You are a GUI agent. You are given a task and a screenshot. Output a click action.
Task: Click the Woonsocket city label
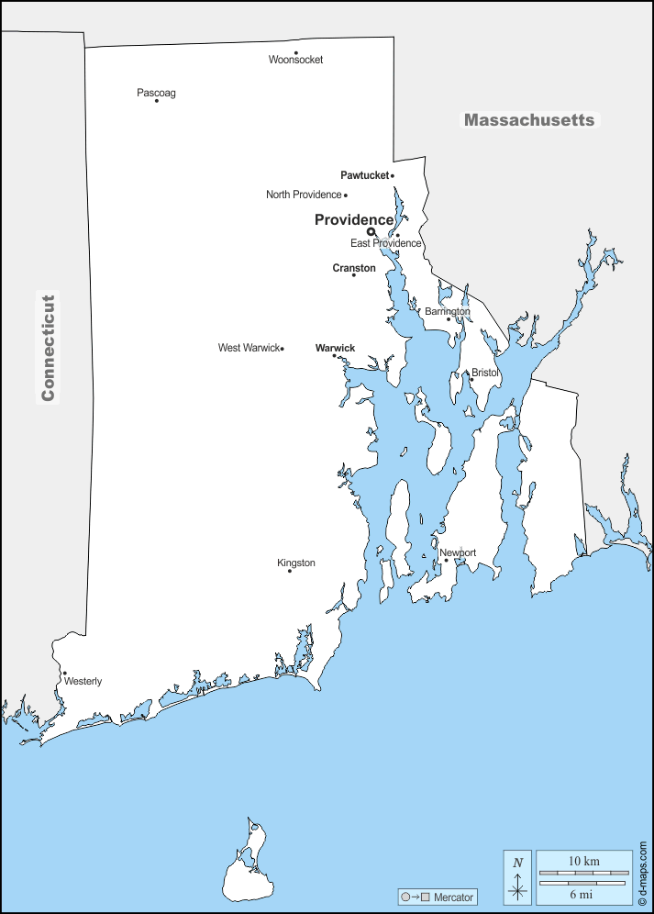(x=295, y=60)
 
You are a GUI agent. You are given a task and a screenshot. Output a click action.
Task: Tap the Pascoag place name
(x=156, y=93)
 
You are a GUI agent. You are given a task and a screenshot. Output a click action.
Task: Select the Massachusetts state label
(x=528, y=120)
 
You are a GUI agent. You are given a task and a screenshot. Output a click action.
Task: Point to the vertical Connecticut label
(x=48, y=347)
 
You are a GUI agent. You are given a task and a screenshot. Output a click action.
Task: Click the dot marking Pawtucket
(x=393, y=175)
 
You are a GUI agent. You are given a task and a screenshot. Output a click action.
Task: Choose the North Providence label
(x=304, y=195)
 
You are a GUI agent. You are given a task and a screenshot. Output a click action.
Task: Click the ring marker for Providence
(x=371, y=231)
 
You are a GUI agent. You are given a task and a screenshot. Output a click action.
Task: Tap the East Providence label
(x=385, y=243)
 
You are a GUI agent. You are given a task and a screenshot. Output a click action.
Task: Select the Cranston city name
(x=354, y=268)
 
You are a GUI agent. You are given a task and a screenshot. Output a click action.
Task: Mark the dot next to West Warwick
(x=283, y=349)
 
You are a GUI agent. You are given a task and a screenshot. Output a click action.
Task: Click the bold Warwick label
(x=335, y=348)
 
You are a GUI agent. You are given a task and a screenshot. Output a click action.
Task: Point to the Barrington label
(x=448, y=311)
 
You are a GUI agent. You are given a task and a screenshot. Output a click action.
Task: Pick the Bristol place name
(x=484, y=373)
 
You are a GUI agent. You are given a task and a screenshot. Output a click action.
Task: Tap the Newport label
(x=458, y=552)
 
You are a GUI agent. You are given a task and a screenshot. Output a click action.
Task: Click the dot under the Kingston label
(x=290, y=571)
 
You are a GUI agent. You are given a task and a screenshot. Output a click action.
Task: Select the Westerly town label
(x=83, y=681)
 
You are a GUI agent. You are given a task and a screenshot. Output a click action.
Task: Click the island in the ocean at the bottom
(x=247, y=868)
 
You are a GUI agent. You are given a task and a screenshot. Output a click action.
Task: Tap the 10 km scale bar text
(x=583, y=861)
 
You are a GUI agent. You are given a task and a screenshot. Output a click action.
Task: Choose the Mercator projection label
(x=453, y=897)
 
